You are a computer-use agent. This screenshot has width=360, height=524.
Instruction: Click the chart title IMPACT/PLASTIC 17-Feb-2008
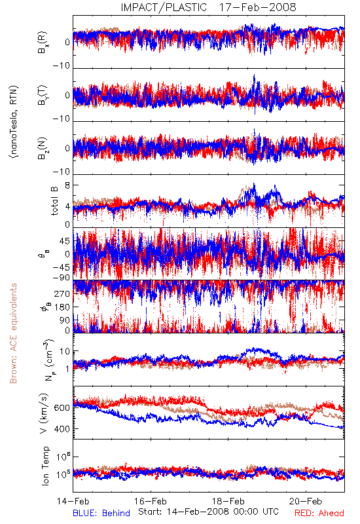click(x=208, y=7)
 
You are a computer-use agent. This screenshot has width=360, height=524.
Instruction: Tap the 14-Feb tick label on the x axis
click(x=73, y=501)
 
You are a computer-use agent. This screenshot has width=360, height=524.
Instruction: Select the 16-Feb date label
click(x=151, y=501)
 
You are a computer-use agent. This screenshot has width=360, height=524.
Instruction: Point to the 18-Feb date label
click(x=228, y=501)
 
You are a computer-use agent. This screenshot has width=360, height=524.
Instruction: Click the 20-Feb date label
click(x=306, y=501)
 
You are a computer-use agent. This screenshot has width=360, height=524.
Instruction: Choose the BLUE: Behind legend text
click(x=101, y=513)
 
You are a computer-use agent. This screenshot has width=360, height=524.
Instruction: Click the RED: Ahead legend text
click(x=319, y=513)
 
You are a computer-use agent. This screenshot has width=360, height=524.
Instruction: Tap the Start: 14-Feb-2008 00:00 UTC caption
click(x=208, y=512)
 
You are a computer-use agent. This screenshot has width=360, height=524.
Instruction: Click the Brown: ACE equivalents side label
click(x=13, y=333)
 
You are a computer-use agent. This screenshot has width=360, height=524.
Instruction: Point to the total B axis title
click(x=54, y=201)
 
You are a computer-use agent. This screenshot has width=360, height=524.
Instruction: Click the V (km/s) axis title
click(x=44, y=413)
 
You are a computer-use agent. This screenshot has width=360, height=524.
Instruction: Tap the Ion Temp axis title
click(x=45, y=466)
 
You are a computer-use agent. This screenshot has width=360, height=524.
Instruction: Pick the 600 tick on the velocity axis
click(x=62, y=408)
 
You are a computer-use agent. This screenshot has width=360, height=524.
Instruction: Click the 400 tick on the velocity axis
click(x=62, y=429)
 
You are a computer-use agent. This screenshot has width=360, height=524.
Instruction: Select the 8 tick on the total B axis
click(x=67, y=185)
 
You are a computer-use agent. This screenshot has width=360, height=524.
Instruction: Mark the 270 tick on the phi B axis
click(x=62, y=293)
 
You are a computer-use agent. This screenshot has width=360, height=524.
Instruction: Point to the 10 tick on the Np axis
click(x=65, y=352)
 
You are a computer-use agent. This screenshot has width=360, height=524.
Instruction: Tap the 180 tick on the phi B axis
click(x=62, y=307)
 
